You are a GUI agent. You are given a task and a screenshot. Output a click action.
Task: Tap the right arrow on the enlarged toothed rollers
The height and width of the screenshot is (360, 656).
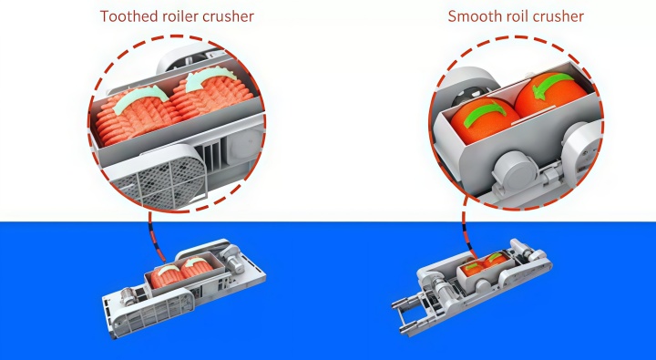click(x=210, y=77)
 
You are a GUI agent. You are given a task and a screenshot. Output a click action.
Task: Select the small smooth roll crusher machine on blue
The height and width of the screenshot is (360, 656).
click(x=472, y=285)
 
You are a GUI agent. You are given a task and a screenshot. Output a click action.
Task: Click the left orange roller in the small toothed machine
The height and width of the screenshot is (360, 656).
click(x=166, y=276)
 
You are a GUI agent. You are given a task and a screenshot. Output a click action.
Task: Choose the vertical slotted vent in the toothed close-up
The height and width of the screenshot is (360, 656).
click(x=213, y=156)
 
